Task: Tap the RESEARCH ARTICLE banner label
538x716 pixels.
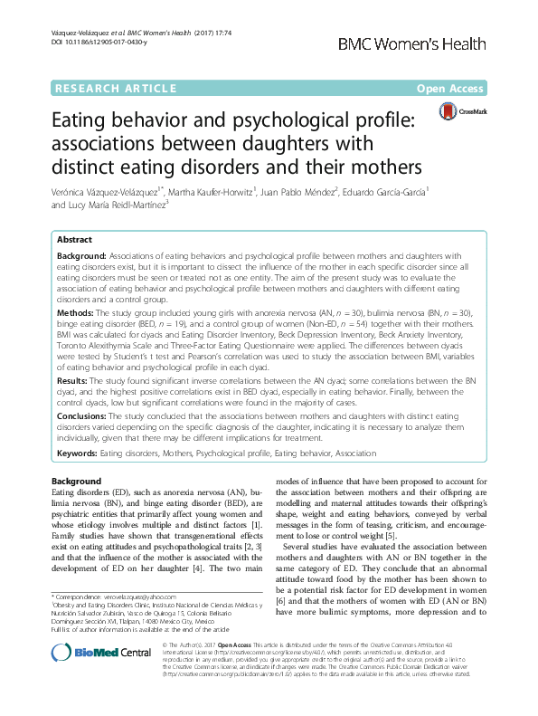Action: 117,88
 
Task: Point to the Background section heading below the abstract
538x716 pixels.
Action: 77,480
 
